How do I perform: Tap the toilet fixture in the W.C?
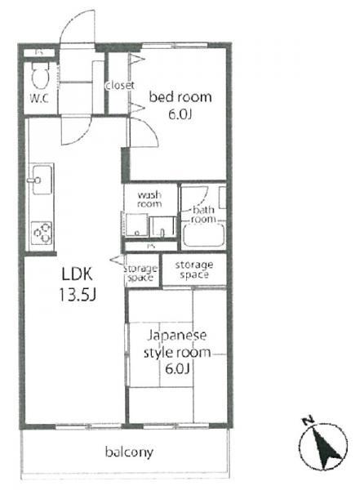pos(38,76)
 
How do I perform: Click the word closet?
pos(119,85)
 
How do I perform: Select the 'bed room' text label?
pos(179,97)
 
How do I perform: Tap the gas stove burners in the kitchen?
pos(41,234)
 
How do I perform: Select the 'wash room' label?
pos(150,199)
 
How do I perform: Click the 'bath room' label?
pos(203,215)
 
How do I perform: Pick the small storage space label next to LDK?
pos(140,274)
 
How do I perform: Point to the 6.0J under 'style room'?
pos(177,370)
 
